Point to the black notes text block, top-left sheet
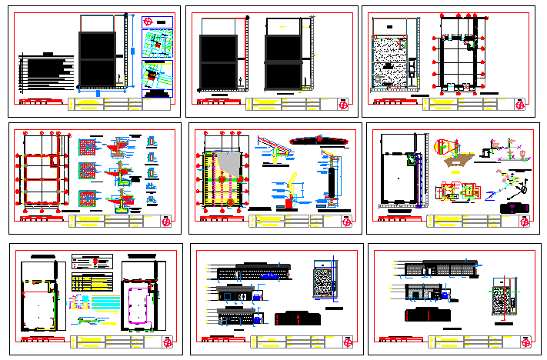(x=47, y=74)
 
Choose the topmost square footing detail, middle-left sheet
(x=88, y=147)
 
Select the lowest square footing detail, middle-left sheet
(x=88, y=198)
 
